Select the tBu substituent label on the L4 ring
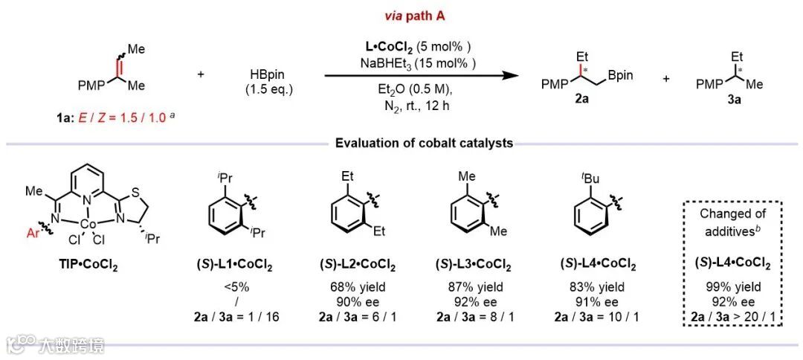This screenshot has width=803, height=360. point(577,179)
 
